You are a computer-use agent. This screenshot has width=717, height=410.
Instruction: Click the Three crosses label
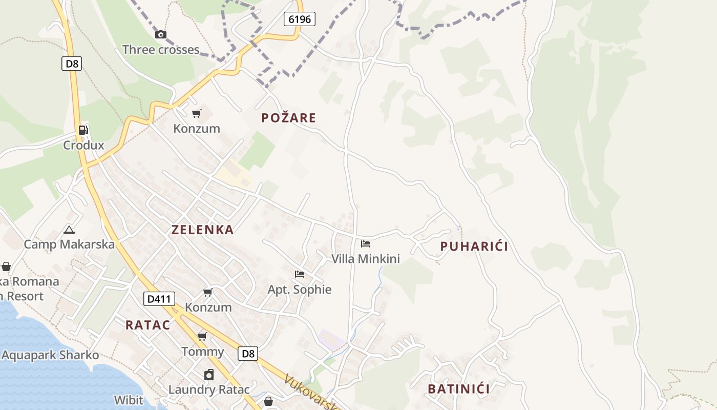click(160, 50)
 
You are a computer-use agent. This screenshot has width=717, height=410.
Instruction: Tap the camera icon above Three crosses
click(161, 35)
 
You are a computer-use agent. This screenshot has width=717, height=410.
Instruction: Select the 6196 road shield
click(300, 19)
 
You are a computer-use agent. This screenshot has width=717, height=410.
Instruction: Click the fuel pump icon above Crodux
click(83, 130)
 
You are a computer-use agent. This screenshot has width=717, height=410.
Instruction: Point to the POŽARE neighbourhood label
click(288, 118)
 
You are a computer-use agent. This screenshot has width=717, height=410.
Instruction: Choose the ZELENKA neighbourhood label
click(202, 230)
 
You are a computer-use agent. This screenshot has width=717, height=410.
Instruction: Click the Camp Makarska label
click(69, 244)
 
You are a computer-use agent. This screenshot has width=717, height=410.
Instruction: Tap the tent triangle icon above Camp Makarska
click(69, 230)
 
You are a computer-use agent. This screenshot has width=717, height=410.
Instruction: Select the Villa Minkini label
click(365, 259)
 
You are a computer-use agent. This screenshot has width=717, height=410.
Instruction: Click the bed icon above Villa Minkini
click(365, 244)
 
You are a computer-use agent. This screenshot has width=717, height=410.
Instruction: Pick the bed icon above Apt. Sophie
click(300, 274)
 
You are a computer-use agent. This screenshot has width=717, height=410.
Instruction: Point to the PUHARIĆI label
click(474, 247)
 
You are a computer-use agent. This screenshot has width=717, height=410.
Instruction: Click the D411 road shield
click(159, 299)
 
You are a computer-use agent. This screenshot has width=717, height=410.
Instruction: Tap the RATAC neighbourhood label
click(147, 325)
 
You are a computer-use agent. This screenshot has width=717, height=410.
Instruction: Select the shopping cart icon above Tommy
click(202, 337)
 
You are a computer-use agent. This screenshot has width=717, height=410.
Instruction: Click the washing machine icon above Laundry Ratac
click(208, 375)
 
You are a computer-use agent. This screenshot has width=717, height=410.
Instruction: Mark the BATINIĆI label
click(458, 389)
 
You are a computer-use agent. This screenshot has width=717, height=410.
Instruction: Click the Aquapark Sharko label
click(50, 355)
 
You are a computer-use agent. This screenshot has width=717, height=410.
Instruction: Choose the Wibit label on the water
click(129, 400)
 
